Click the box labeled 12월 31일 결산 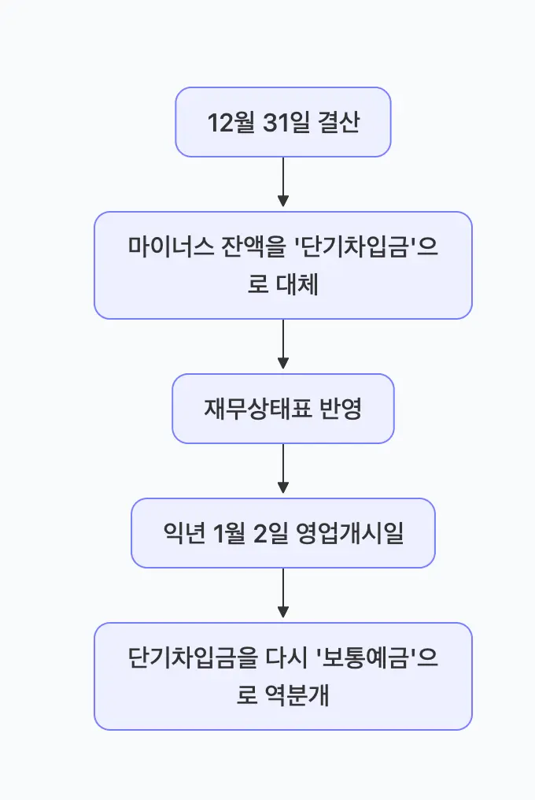(x=282, y=122)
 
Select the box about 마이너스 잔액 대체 (x=282, y=265)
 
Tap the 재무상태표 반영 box (x=282, y=409)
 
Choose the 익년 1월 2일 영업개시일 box (x=282, y=533)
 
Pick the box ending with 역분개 (x=282, y=676)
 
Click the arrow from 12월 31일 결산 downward (x=283, y=183)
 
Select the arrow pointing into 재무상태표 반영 (x=283, y=346)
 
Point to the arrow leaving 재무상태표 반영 (x=283, y=470)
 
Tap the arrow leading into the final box (x=283, y=594)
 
